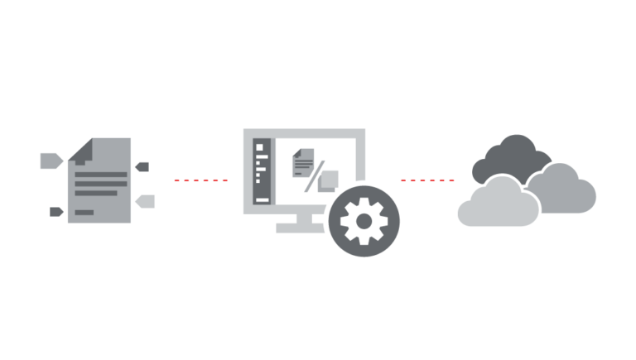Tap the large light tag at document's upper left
pyautogui.click(x=51, y=161)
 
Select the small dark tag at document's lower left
pyautogui.click(x=55, y=211)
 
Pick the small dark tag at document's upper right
pyautogui.click(x=142, y=166)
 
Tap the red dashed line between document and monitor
pyautogui.click(x=200, y=180)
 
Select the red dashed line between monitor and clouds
pyautogui.click(x=426, y=180)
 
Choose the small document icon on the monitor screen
pyautogui.click(x=302, y=162)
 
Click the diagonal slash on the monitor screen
pyautogui.click(x=316, y=176)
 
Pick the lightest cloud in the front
pyautogui.click(x=494, y=205)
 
